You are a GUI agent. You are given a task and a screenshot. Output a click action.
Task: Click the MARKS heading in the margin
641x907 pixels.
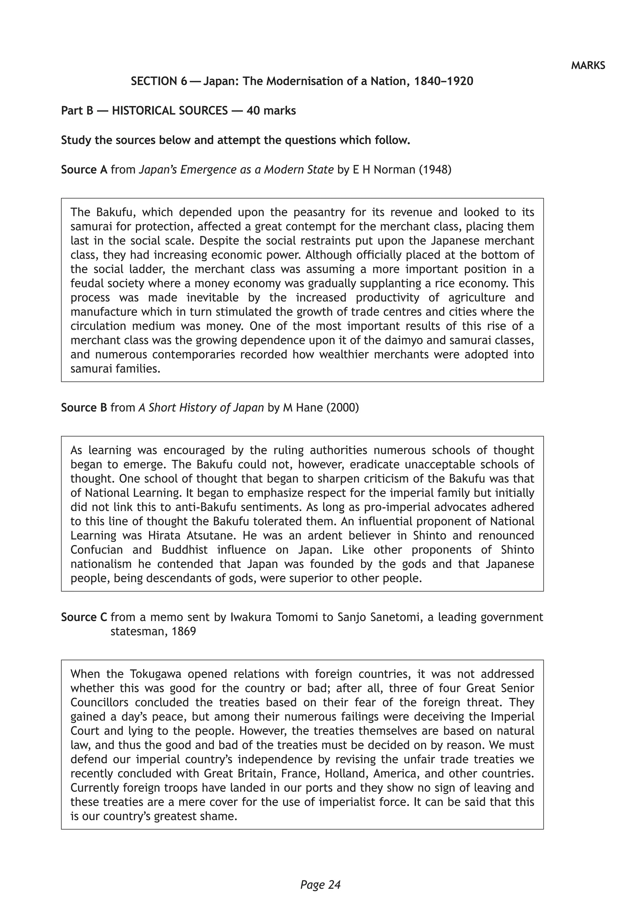[x=588, y=65]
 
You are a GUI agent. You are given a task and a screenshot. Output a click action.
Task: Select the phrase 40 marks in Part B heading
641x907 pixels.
[x=271, y=111]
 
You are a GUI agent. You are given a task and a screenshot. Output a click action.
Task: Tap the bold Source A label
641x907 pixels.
[x=84, y=170]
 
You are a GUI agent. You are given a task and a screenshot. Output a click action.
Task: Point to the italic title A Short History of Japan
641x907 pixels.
[x=201, y=408]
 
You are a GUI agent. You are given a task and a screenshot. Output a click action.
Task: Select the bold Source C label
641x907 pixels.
[x=84, y=617]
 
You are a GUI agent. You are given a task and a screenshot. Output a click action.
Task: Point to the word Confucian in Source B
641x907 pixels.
[x=97, y=550]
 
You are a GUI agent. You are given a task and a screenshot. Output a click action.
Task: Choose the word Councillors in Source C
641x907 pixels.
[x=100, y=702]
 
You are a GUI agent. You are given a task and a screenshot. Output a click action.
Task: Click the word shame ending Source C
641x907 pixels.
[x=220, y=816]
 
